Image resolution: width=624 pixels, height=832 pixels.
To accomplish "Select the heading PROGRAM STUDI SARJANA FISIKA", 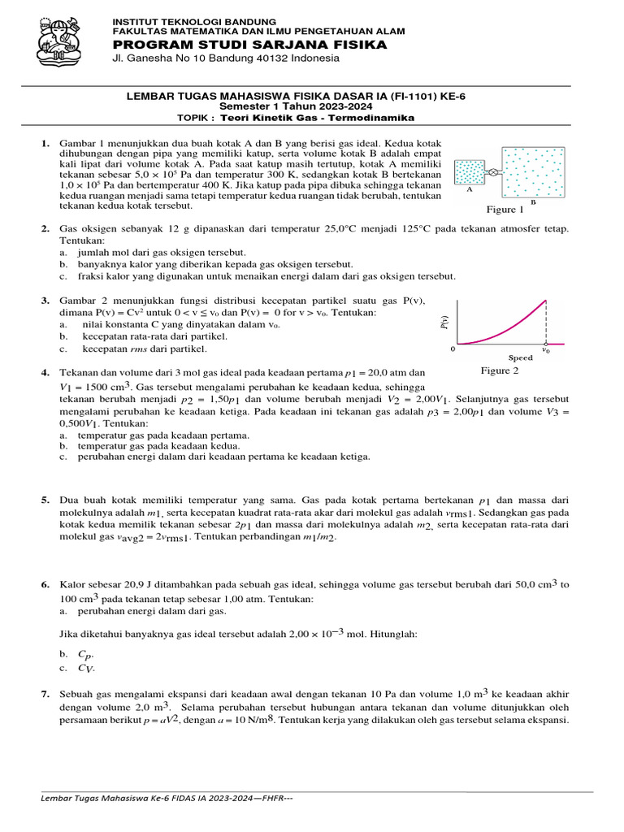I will point(249,45).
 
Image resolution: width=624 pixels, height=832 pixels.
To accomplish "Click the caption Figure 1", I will point(505,209).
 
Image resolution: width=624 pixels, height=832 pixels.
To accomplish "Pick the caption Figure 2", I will point(499,370).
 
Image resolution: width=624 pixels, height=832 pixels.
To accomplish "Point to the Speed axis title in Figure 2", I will point(520,357).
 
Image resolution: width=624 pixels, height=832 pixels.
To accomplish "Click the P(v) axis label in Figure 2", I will point(444,323).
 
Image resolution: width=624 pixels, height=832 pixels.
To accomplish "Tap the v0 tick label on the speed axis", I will point(546,351).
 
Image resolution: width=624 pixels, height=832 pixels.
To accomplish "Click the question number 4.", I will point(45,372).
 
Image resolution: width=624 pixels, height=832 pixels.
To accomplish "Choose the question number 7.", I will point(45,694).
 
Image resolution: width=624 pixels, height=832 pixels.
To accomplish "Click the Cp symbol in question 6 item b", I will point(85,653).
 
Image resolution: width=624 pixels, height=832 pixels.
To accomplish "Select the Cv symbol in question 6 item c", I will point(85,668).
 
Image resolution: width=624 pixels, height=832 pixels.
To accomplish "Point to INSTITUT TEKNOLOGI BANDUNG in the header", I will point(193,20).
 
